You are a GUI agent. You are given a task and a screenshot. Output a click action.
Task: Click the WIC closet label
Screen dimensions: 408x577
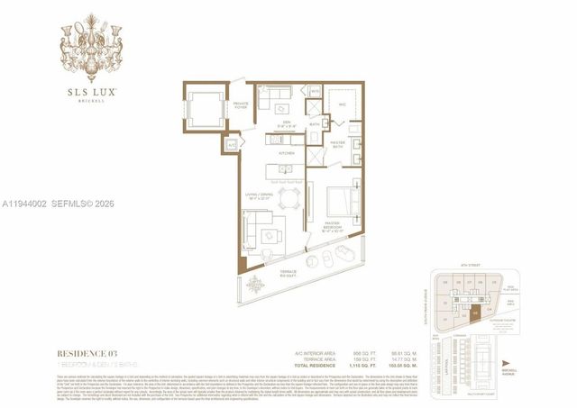pyautogui.click(x=343, y=104)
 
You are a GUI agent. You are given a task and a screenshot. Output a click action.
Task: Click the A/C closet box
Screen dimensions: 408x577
pyautogui.click(x=230, y=143)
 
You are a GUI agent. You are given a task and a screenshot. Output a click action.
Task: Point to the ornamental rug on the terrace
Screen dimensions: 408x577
pyautogui.click(x=254, y=286)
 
